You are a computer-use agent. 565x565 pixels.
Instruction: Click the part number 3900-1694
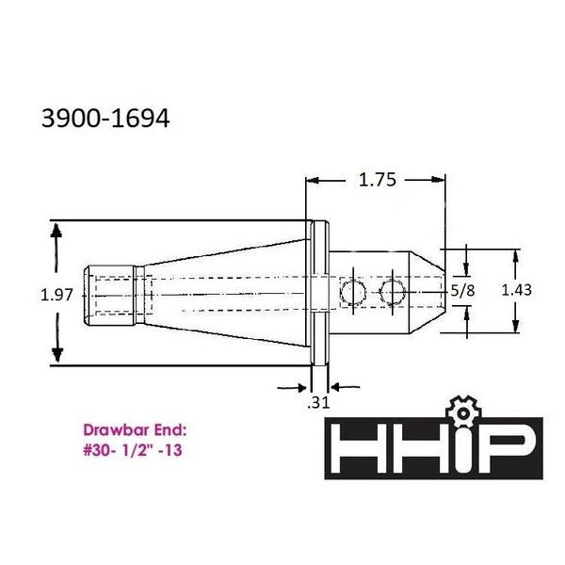[x=105, y=119]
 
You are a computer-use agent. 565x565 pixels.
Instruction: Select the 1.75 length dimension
[x=378, y=180]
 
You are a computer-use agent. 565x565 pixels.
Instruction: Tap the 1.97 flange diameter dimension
[x=56, y=295]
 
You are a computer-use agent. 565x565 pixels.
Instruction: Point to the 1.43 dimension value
[x=516, y=290]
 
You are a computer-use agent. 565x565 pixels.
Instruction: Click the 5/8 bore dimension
[x=462, y=290]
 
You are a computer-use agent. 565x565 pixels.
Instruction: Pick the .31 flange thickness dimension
[x=318, y=402]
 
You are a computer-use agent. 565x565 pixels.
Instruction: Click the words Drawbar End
[x=136, y=430]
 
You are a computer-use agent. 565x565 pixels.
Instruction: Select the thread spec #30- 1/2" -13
[x=133, y=450]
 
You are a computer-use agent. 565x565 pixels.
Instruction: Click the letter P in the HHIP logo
[x=512, y=448]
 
